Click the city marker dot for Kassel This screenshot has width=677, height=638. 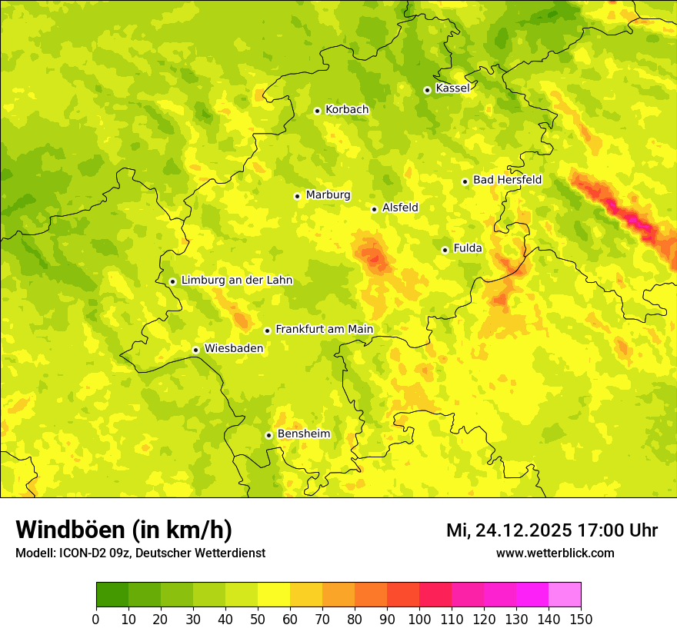click(427, 90)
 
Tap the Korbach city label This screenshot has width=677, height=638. click(346, 110)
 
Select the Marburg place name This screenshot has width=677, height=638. click(328, 195)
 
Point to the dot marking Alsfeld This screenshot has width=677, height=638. click(374, 209)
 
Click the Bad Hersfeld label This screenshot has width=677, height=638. click(507, 181)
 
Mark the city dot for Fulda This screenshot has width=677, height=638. click(445, 250)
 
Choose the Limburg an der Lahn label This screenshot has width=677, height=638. click(236, 281)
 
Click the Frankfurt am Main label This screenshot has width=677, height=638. click(324, 330)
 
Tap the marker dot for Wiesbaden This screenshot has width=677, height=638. click(195, 350)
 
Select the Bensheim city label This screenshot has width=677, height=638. click(303, 434)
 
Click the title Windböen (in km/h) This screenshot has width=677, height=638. click(124, 530)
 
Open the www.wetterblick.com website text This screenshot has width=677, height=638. click(555, 553)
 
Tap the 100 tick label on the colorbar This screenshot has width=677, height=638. click(419, 620)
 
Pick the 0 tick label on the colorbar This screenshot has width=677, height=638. click(96, 620)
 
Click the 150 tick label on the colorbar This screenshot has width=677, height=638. click(581, 620)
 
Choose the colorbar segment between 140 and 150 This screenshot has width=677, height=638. click(565, 595)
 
